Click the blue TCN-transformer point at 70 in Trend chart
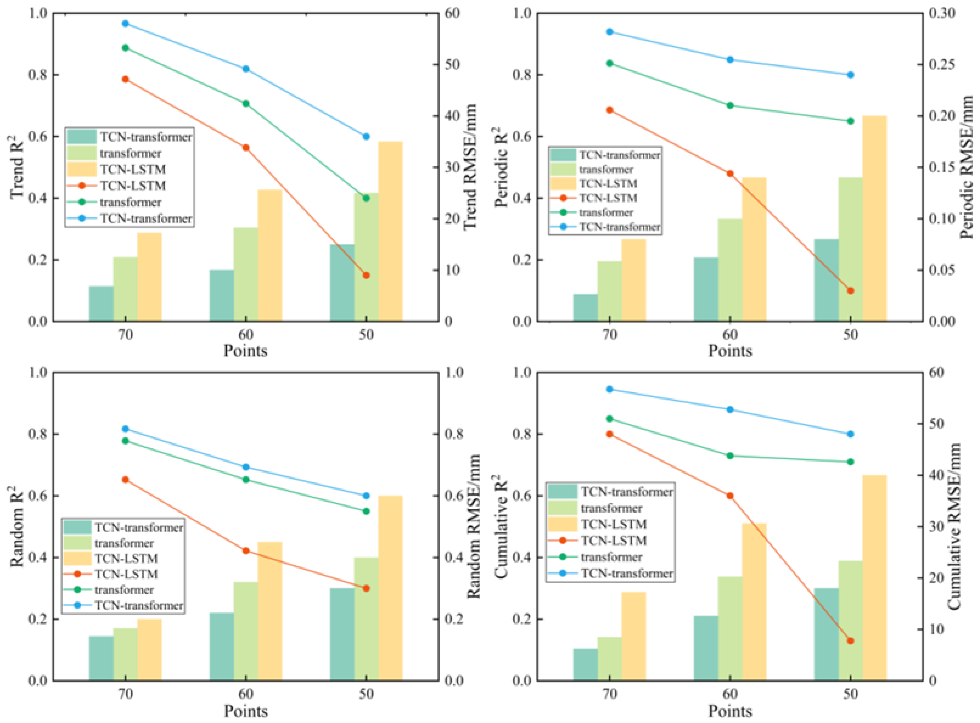coord(125,23)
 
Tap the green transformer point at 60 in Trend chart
coord(246,104)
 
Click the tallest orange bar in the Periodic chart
coord(874,219)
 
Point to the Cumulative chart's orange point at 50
coord(850,641)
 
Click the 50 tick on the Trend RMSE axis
coord(452,65)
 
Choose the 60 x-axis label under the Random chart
coord(246,694)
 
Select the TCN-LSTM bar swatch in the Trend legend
coord(81,169)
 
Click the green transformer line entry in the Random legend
coord(77,590)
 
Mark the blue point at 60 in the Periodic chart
coord(730,60)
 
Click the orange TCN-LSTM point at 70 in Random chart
coord(125,480)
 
